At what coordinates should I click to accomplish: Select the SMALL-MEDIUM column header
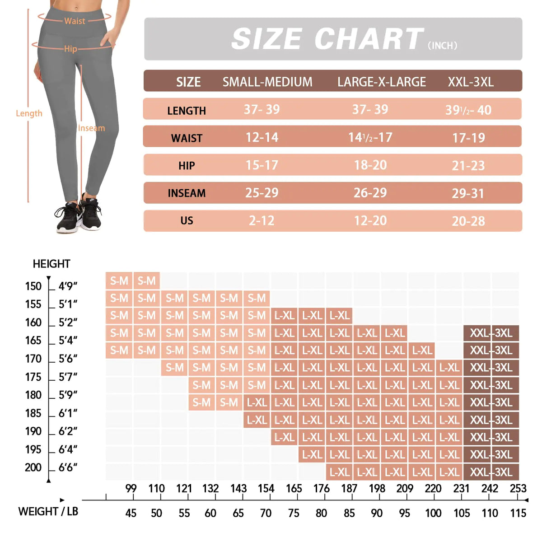(x=267, y=82)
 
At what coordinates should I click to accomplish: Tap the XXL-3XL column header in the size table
(x=471, y=82)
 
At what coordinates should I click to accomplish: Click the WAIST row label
(x=187, y=138)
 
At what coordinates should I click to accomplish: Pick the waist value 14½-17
(x=370, y=137)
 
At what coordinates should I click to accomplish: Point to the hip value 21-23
(x=468, y=166)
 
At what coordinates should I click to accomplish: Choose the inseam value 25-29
(x=262, y=193)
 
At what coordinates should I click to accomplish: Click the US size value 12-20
(x=370, y=220)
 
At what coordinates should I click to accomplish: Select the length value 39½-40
(x=468, y=110)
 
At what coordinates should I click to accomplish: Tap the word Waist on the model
(x=75, y=21)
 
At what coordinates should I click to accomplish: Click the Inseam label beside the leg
(x=91, y=128)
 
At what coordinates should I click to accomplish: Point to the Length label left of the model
(x=29, y=113)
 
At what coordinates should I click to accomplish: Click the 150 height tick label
(x=33, y=286)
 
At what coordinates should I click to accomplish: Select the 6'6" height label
(x=68, y=467)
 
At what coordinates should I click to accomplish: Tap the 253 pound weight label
(x=518, y=488)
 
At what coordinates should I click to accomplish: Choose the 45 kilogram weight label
(x=131, y=513)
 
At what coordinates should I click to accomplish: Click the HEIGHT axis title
(x=51, y=264)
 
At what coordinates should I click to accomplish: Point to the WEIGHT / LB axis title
(x=48, y=511)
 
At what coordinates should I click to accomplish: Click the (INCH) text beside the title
(x=442, y=46)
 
